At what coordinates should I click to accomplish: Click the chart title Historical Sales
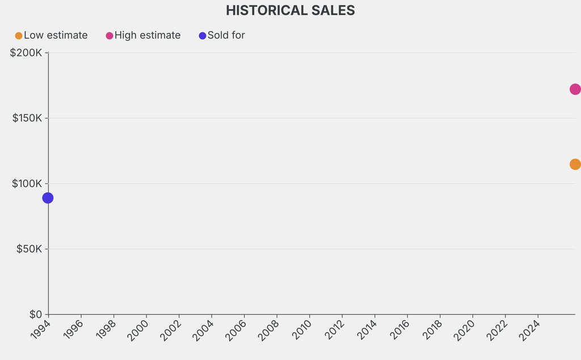point(290,11)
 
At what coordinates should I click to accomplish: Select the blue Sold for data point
point(48,198)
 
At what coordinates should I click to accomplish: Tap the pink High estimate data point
point(575,89)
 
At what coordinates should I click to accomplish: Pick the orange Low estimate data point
point(575,164)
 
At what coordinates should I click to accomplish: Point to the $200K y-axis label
point(26,53)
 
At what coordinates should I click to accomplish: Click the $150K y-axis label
point(26,118)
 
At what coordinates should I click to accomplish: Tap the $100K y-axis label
point(26,183)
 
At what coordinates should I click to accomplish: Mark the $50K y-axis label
point(28,249)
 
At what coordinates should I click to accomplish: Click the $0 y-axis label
point(35,314)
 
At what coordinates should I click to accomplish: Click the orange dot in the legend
point(19,36)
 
